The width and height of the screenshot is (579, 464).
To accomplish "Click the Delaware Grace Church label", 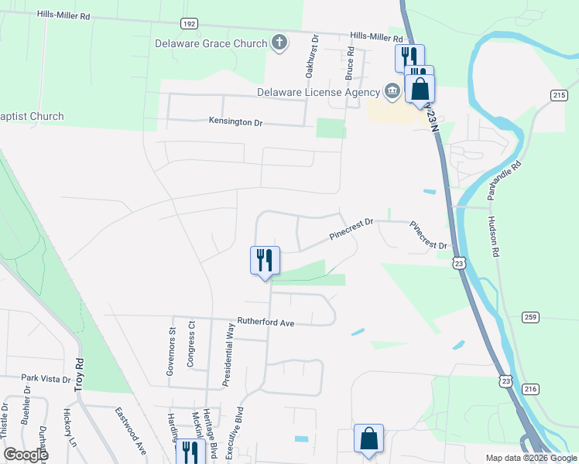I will tap(211, 43).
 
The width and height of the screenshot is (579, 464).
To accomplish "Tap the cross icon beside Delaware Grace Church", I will tap(280, 43).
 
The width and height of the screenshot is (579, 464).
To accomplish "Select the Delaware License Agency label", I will tap(320, 92).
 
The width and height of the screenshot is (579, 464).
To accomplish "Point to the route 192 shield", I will tap(189, 24).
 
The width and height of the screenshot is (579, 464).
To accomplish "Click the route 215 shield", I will tap(559, 94).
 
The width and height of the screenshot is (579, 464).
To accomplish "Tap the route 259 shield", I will tap(530, 316).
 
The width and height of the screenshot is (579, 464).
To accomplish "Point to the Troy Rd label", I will tap(78, 374).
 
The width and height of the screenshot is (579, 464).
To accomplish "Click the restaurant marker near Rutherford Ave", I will tap(265, 261).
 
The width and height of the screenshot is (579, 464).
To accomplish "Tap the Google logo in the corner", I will tap(26, 455).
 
